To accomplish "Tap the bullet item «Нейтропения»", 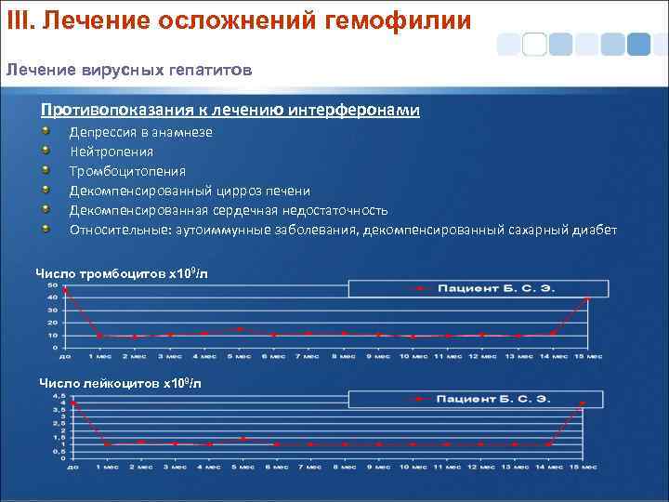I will (111, 151).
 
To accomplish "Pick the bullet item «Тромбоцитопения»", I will (127, 170).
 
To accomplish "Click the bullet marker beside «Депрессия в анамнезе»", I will (46, 131).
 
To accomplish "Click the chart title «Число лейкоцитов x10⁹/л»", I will (120, 383).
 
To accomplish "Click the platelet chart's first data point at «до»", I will (65, 291).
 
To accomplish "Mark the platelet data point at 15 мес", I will (587, 299).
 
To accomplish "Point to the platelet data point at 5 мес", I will (240, 329).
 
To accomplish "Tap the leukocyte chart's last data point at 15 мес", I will (582, 403).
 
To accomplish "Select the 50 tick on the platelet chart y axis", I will (50, 284).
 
